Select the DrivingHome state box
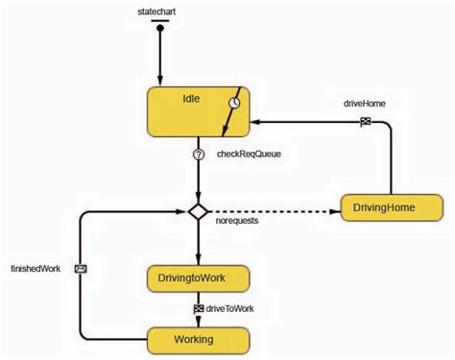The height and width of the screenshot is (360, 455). click(392, 208)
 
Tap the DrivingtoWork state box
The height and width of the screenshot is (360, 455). click(198, 278)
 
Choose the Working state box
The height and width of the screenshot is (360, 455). click(198, 339)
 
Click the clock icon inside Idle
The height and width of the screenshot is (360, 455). click(233, 103)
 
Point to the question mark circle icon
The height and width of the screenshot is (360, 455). click(198, 154)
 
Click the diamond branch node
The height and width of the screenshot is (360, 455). click(198, 211)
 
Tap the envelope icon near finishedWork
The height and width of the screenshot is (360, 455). click(81, 269)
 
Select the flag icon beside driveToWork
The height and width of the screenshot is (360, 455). click(198, 308)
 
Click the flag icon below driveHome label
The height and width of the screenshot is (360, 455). click(365, 121)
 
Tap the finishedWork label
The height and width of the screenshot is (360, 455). click(36, 269)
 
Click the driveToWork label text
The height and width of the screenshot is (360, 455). click(230, 308)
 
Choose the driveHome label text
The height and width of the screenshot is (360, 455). click(365, 102)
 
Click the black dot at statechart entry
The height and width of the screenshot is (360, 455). click(161, 28)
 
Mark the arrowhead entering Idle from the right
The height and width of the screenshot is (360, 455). click(256, 121)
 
